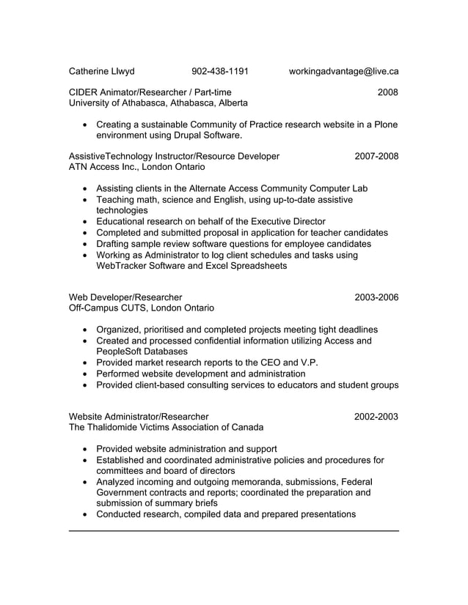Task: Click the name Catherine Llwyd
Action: pos(101,72)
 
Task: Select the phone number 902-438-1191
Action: pos(219,72)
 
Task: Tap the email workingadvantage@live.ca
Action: pos(343,72)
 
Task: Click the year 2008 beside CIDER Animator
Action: pos(387,92)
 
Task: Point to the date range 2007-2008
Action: pos(376,156)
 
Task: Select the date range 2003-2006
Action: pos(376,297)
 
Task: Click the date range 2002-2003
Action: pos(376,417)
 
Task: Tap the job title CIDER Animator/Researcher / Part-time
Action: pos(150,92)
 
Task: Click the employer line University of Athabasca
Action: pos(158,103)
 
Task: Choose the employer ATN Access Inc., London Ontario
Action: pos(136,167)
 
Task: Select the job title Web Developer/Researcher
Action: pos(125,297)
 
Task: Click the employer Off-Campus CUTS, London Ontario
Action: pos(141,308)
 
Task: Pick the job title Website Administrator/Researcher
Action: pos(138,417)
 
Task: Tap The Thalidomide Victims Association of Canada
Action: pos(166,428)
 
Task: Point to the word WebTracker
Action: pos(123,266)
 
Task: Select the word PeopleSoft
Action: pos(123,352)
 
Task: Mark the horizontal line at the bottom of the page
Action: pos(233,530)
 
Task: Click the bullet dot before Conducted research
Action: pos(87,515)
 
